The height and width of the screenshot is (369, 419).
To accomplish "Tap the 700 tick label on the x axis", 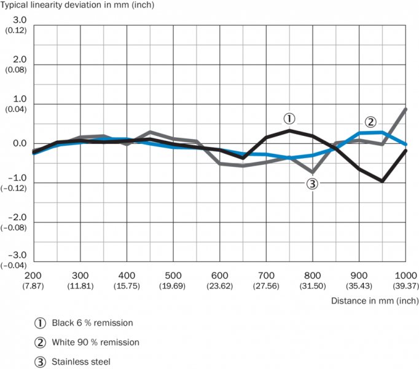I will pos(266,275).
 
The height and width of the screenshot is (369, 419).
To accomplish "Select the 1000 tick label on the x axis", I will pos(404,275).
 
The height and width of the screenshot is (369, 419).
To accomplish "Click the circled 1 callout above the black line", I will pos(289,117).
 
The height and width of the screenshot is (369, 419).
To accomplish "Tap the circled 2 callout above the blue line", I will pos(370,121).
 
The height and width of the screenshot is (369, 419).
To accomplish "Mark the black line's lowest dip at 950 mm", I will pos(382,181).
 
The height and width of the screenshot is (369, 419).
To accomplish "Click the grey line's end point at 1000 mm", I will pos(405,109).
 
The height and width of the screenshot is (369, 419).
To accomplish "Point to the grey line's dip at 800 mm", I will pos(312,172).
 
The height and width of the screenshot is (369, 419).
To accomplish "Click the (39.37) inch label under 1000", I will pos(404,285).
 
